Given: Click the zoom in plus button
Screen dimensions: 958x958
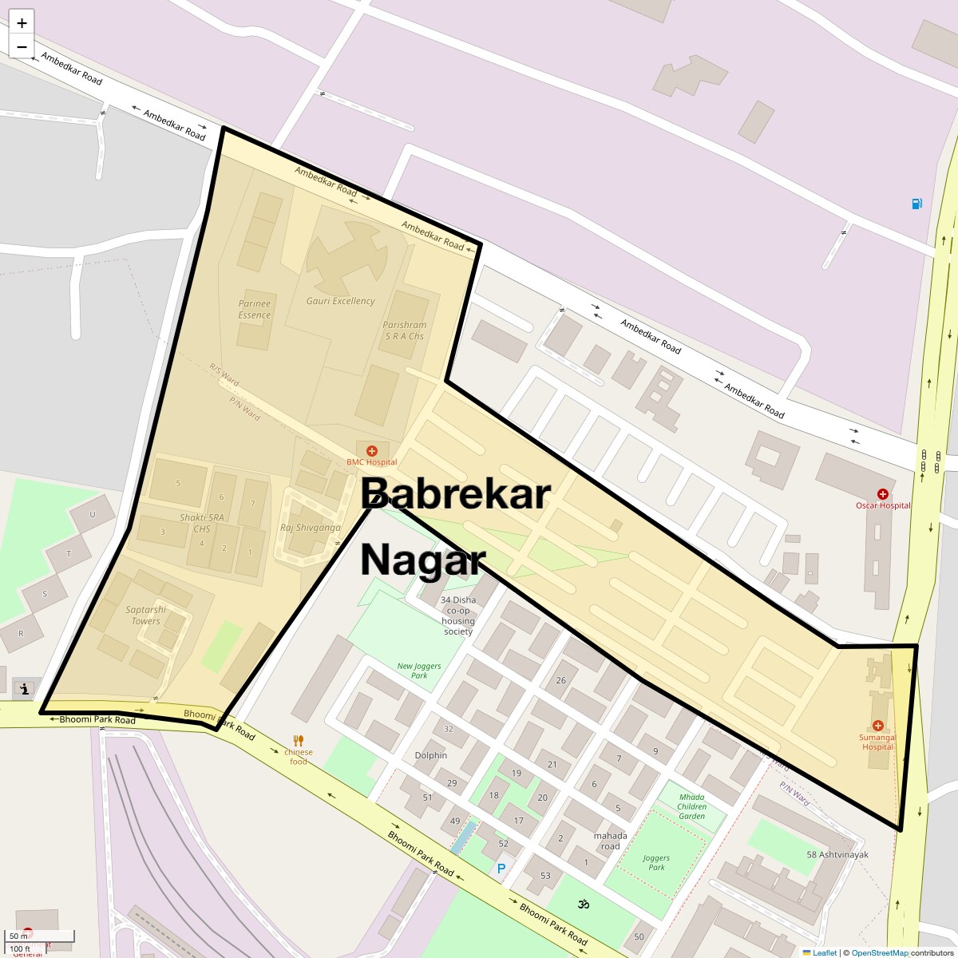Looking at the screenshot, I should (x=22, y=23).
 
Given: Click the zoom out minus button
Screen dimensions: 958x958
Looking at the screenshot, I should (x=22, y=46).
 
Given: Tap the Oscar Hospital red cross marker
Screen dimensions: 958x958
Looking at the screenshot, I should (x=882, y=494).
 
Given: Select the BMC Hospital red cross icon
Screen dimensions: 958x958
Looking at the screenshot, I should (x=371, y=451).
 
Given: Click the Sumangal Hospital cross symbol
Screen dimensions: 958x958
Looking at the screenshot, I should (x=877, y=726).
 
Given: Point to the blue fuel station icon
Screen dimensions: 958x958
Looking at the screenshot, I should (x=917, y=204).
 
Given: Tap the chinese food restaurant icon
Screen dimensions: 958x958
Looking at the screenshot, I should (x=299, y=740).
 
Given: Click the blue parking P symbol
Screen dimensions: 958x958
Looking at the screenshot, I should (x=501, y=869).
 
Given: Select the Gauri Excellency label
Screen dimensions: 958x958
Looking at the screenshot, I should (x=340, y=301).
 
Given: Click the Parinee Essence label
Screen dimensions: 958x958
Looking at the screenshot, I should (x=255, y=309).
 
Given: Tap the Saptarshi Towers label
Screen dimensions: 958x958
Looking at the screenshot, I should (x=145, y=616).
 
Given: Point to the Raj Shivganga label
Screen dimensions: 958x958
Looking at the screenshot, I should (x=310, y=528).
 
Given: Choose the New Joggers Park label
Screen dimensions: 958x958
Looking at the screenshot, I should (x=419, y=671).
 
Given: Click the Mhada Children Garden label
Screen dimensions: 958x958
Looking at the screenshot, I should (x=691, y=806).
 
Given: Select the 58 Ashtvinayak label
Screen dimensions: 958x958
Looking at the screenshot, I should (x=837, y=854).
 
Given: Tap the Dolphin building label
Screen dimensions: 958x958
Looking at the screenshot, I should (x=431, y=755).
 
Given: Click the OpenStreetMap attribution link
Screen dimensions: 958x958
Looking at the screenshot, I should (x=879, y=952).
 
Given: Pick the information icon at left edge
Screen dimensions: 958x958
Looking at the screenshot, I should (x=26, y=688).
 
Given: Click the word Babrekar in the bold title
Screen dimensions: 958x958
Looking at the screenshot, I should (x=455, y=494).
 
